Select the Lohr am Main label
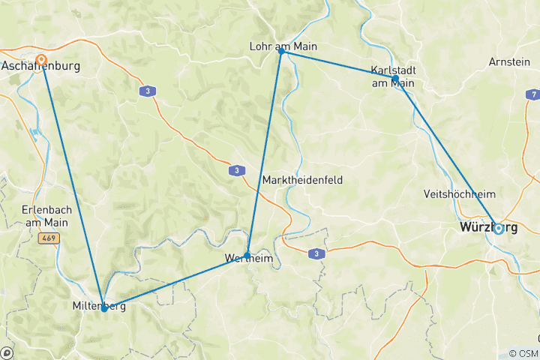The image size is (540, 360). pos(283,46)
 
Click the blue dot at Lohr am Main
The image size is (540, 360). pos(281,51)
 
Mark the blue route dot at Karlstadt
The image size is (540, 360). pos(395,78)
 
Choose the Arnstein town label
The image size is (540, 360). pos(509,61)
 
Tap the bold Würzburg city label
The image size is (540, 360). pos(487,227)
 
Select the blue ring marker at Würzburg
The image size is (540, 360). pos(498,228)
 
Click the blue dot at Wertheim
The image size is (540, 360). pos(247,256)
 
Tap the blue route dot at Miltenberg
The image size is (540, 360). pos(103,307)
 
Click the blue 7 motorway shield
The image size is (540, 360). pos(533,94)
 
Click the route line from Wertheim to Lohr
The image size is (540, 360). pos(264,154)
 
